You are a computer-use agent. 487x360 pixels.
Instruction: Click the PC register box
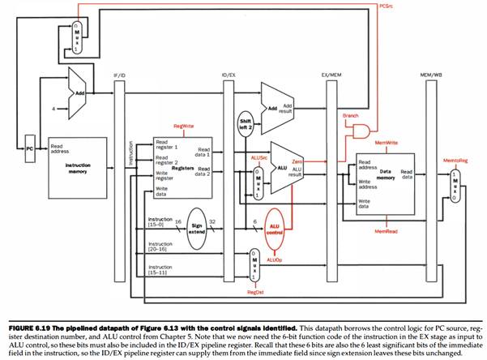[29, 149]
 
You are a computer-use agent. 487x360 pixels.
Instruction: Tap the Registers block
[181, 166]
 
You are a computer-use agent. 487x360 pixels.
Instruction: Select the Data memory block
[379, 178]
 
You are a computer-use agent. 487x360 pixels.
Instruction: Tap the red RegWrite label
[183, 126]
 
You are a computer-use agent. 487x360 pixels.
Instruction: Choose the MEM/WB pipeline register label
[427, 75]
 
